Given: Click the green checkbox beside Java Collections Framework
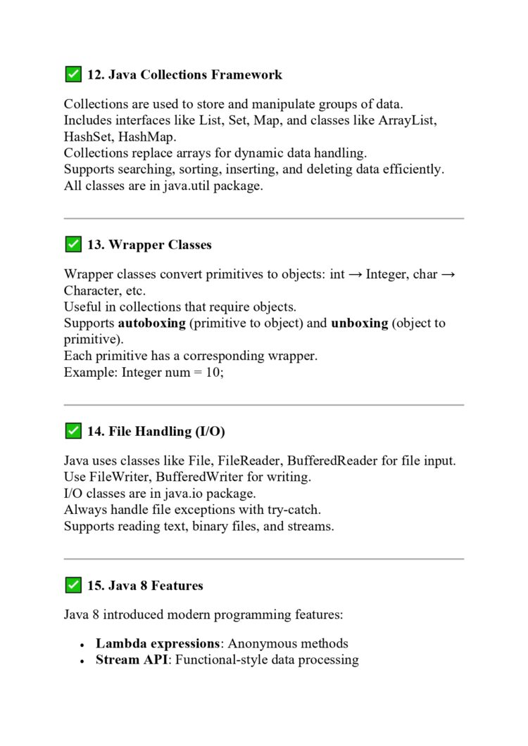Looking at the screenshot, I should point(73,74).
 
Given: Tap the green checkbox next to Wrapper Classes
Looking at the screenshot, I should point(73,245).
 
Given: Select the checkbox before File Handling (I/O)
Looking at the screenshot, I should point(73,431).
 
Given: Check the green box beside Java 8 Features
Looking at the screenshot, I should point(73,585).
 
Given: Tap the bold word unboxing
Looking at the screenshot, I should point(359,323).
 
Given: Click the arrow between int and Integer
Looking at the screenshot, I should point(355,275).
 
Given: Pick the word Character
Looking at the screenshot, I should point(90,291).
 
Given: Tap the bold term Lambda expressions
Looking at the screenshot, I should point(158,643).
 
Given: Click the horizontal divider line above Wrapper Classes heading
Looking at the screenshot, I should point(263,219).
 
